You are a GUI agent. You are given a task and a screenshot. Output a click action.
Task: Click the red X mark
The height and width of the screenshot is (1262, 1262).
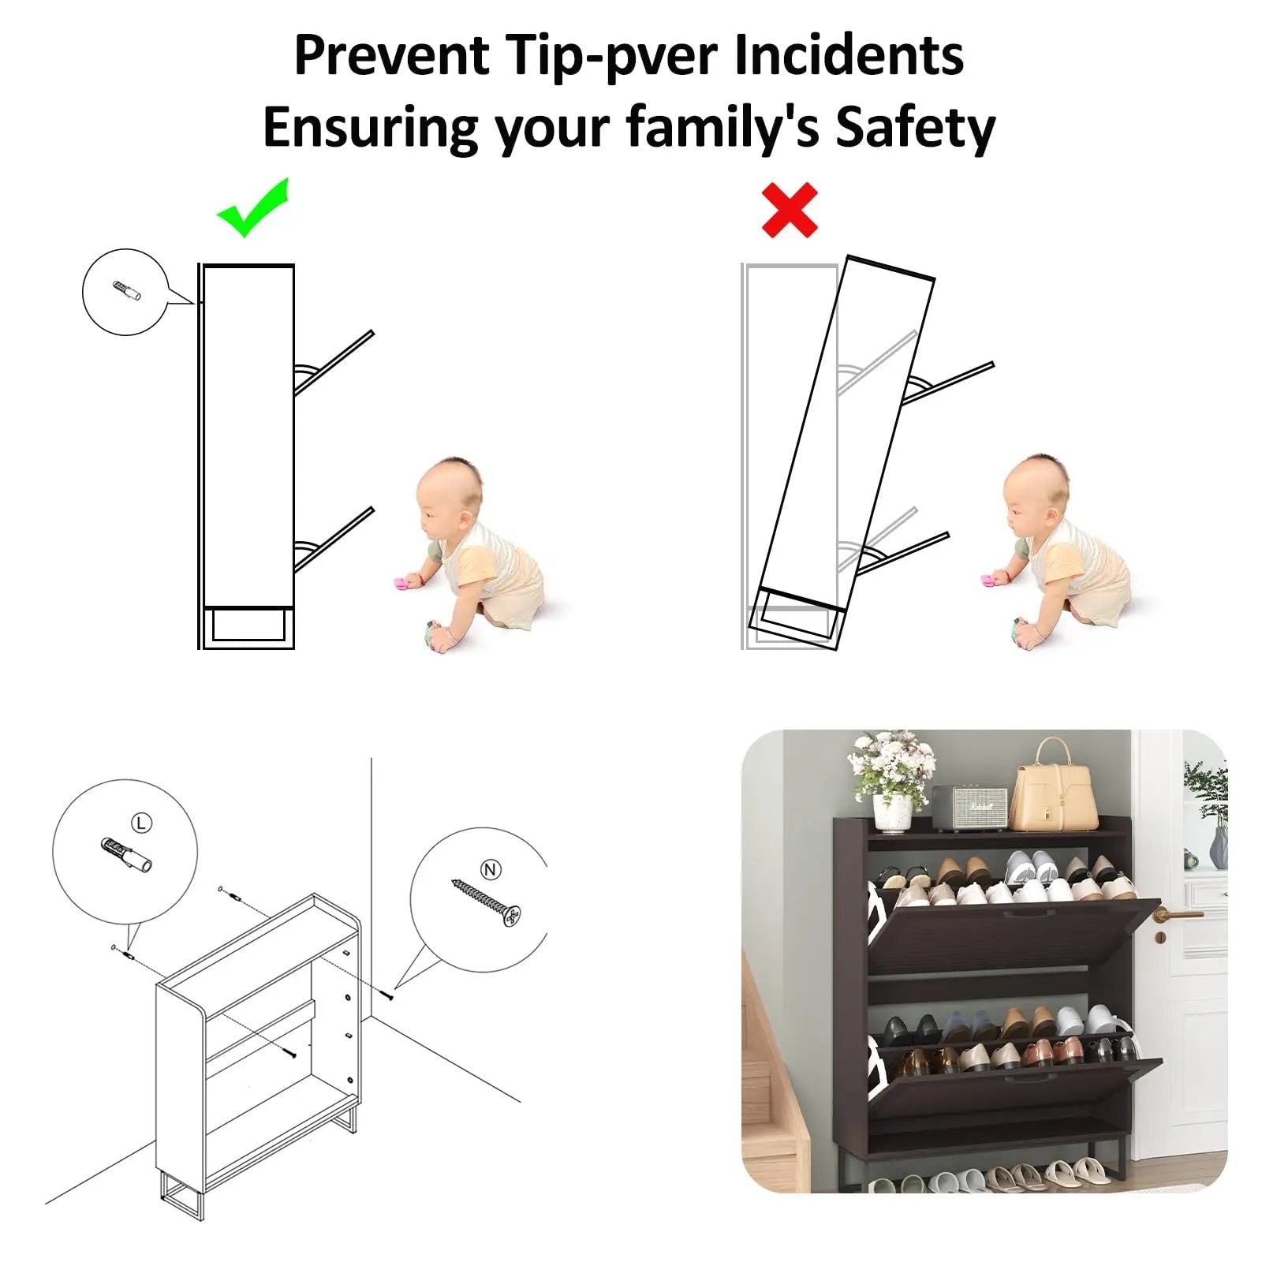(x=790, y=211)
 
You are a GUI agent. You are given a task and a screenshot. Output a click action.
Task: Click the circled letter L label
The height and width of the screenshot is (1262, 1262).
(x=141, y=823)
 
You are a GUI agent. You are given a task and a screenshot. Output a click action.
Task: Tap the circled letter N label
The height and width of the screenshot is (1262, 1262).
(x=491, y=869)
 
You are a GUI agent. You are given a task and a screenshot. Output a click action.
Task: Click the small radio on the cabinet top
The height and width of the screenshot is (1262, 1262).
(x=969, y=808)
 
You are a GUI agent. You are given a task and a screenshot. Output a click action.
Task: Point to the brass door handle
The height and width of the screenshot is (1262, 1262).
(x=1175, y=915)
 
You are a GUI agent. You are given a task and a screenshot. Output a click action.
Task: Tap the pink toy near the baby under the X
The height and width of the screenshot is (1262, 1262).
(x=988, y=581)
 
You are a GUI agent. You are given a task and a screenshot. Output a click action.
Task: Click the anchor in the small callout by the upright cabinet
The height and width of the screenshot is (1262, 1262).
(x=127, y=291)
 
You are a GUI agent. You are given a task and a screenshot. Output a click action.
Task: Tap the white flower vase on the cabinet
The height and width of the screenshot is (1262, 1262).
(x=892, y=813)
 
